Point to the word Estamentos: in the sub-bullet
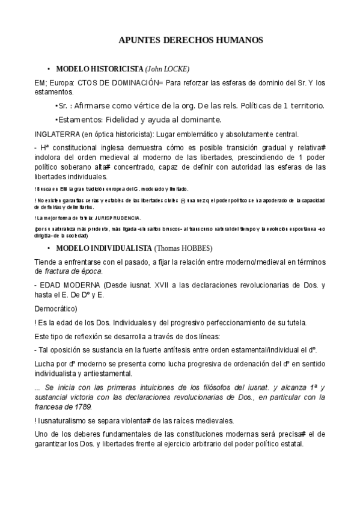(x=81, y=119)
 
